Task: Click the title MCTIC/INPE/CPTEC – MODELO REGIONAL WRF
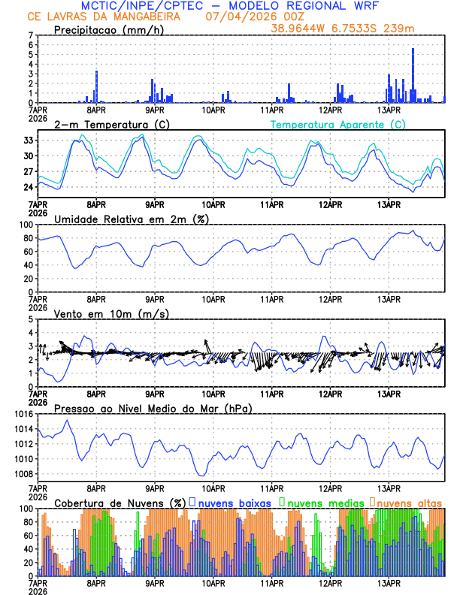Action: click(x=230, y=6)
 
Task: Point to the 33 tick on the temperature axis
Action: click(x=29, y=140)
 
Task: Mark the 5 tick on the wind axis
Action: click(x=31, y=319)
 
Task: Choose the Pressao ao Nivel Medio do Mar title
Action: click(x=153, y=408)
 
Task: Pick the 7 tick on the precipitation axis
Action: click(x=31, y=35)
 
